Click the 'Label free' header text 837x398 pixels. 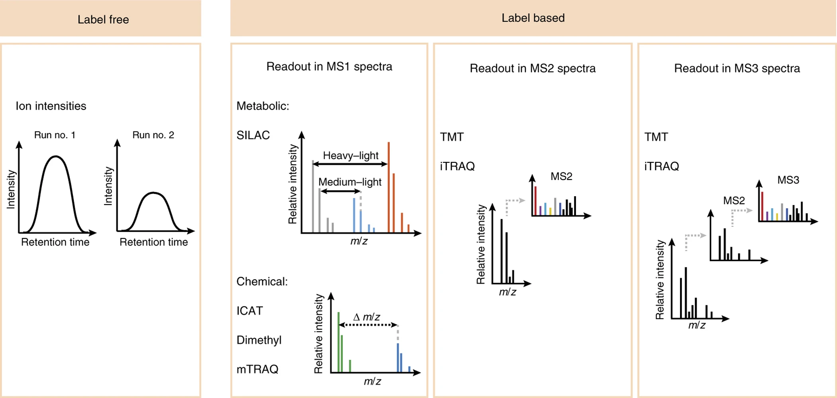coord(103,20)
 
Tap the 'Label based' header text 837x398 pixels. coord(533,18)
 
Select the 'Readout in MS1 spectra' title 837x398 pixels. coord(329,66)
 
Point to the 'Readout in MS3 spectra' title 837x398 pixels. coord(737,68)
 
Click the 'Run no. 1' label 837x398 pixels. coord(55,135)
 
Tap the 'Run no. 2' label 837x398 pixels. coord(153,135)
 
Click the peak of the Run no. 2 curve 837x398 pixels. coord(153,193)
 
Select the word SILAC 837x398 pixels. coord(253,135)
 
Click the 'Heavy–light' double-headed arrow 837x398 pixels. coord(350,164)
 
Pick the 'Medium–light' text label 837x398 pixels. coord(350,182)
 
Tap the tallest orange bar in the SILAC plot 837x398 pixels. coord(389,187)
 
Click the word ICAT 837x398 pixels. coord(250,311)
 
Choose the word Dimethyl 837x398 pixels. coord(259,340)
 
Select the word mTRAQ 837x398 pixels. coord(257,369)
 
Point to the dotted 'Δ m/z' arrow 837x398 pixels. coord(368,325)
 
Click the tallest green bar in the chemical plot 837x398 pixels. coord(338,342)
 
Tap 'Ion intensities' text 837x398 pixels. coord(51,106)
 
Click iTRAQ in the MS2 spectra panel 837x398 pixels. coord(457,166)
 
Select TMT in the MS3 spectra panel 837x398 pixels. coord(656,137)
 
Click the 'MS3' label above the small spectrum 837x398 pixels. coord(788,180)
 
